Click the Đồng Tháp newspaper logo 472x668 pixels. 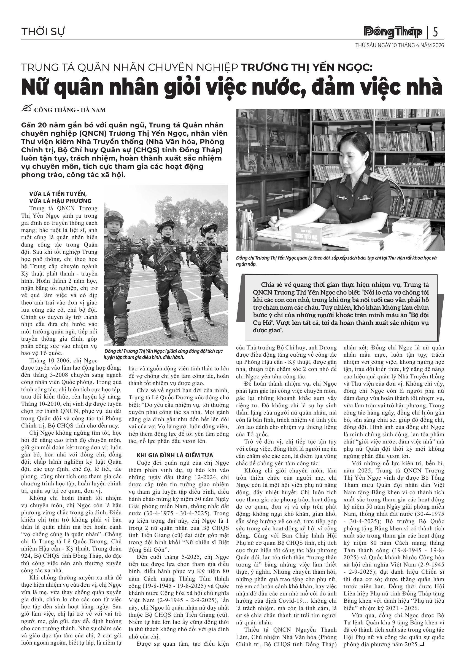pyautogui.click(x=393, y=32)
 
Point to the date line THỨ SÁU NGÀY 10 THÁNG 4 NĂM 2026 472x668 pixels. pyautogui.click(x=400, y=46)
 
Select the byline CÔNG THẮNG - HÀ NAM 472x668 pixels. pyautogui.click(x=70, y=110)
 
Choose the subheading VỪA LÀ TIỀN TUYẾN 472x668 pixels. pyautogui.click(x=58, y=194)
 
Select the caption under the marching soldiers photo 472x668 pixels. pyautogui.click(x=163, y=354)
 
